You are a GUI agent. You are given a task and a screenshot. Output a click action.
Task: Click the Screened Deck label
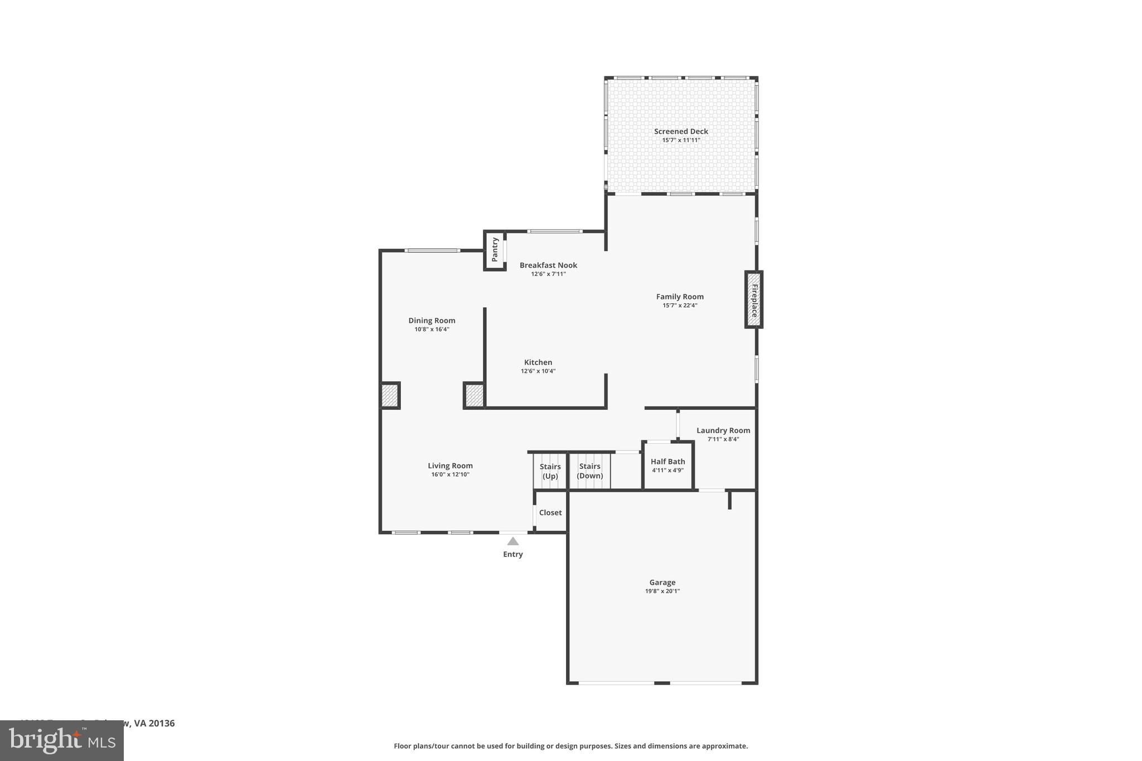(681, 132)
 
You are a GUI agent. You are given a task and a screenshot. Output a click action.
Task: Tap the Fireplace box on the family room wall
(753, 299)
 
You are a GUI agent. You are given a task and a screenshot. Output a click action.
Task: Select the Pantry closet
(495, 250)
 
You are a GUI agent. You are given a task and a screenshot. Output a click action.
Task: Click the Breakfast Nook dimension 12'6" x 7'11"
(548, 274)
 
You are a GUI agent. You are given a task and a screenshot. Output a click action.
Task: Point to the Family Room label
(680, 297)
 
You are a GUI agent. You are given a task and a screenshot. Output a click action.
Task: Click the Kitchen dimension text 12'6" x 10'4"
(538, 371)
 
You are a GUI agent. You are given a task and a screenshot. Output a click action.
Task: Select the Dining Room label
(432, 321)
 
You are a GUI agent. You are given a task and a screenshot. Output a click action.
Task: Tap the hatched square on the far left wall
(389, 396)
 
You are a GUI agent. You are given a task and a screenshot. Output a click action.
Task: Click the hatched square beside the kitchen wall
(474, 396)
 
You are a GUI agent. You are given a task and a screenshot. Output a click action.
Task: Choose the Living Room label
(450, 466)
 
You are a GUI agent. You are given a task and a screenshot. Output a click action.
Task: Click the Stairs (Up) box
(550, 471)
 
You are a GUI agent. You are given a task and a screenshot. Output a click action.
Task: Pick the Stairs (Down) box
(589, 471)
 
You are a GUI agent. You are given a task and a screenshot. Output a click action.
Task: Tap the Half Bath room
(667, 466)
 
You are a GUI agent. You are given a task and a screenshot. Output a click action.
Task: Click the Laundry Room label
(723, 430)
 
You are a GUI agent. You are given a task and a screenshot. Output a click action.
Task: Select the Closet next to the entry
(550, 512)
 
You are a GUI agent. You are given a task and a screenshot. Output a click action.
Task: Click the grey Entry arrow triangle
(513, 541)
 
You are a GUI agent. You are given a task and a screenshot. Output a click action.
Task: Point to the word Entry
(513, 554)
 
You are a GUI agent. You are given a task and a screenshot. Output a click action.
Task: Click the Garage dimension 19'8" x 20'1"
(662, 592)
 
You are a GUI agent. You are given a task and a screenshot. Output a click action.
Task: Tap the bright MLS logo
(61, 740)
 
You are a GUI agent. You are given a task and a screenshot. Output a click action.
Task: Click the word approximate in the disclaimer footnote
(724, 746)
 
